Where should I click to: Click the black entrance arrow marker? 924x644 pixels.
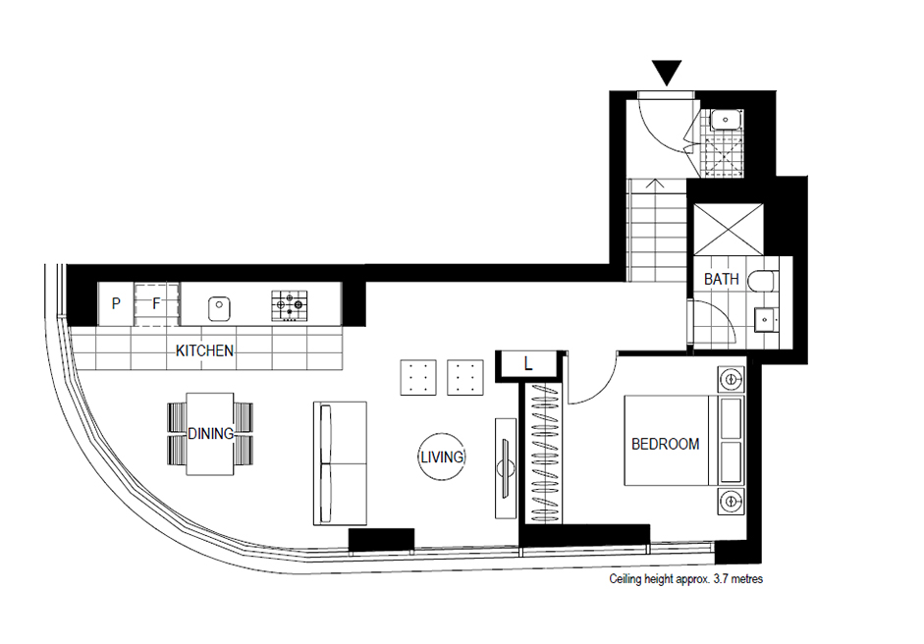pyautogui.click(x=667, y=72)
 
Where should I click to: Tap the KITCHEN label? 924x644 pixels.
pyautogui.click(x=204, y=350)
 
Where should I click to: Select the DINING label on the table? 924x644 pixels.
pyautogui.click(x=210, y=434)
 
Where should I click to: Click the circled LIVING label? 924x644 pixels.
pyautogui.click(x=442, y=456)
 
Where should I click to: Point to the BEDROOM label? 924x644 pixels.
pyautogui.click(x=666, y=444)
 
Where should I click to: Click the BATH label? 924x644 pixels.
pyautogui.click(x=722, y=279)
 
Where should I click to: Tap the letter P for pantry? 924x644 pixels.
pyautogui.click(x=116, y=303)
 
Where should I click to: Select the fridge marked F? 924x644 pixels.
pyautogui.click(x=156, y=304)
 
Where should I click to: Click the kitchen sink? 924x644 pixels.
pyautogui.click(x=219, y=308)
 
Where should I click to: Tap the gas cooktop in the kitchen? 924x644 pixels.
pyautogui.click(x=290, y=305)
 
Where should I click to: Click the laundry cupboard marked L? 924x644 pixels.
pyautogui.click(x=528, y=365)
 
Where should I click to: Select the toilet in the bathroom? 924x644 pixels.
pyautogui.click(x=763, y=281)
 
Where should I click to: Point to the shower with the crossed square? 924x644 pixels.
pyautogui.click(x=729, y=230)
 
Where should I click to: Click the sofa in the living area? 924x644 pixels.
pyautogui.click(x=340, y=463)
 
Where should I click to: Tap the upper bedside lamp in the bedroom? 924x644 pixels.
pyautogui.click(x=732, y=380)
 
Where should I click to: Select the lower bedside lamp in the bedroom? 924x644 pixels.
pyautogui.click(x=732, y=502)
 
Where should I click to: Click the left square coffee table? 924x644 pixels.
pyautogui.click(x=418, y=377)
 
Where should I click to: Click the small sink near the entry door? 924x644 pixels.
pyautogui.click(x=726, y=120)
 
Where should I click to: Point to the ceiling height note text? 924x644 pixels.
pyautogui.click(x=686, y=579)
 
